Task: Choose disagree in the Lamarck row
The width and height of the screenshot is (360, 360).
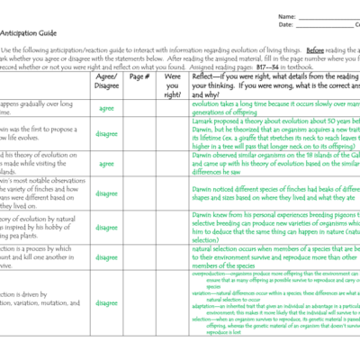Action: point(106,135)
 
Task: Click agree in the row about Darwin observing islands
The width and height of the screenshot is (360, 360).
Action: point(106,164)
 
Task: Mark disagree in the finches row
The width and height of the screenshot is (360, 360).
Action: point(106,192)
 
